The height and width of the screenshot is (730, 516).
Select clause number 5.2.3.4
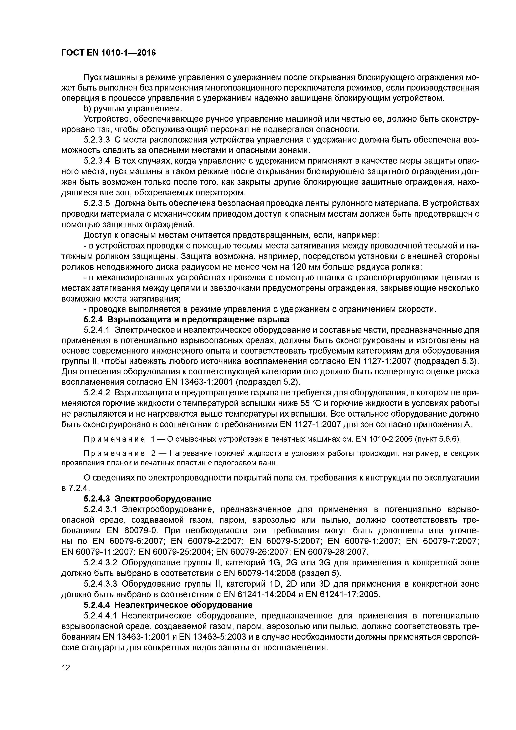[97, 161]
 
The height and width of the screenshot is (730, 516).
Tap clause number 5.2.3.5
[97, 204]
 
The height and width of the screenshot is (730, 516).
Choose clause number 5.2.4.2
[97, 393]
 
